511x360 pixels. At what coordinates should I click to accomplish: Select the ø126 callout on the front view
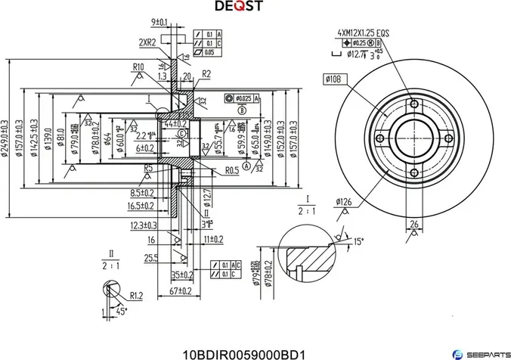click(x=344, y=201)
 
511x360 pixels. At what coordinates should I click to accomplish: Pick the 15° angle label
click(x=358, y=241)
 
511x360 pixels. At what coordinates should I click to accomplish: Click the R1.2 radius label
click(x=136, y=295)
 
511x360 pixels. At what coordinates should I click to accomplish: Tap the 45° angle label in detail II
click(x=121, y=311)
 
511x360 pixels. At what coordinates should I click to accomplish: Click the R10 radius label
click(x=138, y=67)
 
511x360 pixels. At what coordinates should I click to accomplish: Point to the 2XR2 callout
click(x=147, y=42)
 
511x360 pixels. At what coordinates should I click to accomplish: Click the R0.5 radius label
click(x=232, y=171)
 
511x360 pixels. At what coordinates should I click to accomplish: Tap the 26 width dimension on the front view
click(x=414, y=223)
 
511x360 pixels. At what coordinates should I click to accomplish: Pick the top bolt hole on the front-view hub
click(x=413, y=104)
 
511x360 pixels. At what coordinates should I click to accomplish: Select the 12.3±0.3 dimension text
click(x=144, y=225)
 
